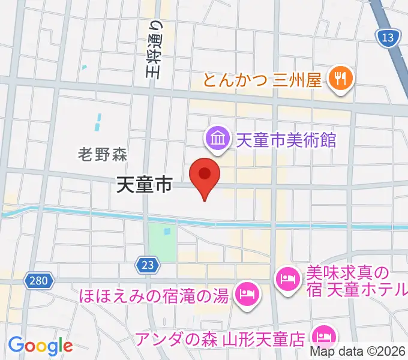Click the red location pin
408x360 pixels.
tap(205, 175)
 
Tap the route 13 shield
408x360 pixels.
tap(388, 38)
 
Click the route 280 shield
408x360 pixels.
tap(40, 280)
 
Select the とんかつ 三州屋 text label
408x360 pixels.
tap(263, 79)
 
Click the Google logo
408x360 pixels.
tap(40, 346)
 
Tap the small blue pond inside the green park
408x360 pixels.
tap(166, 232)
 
